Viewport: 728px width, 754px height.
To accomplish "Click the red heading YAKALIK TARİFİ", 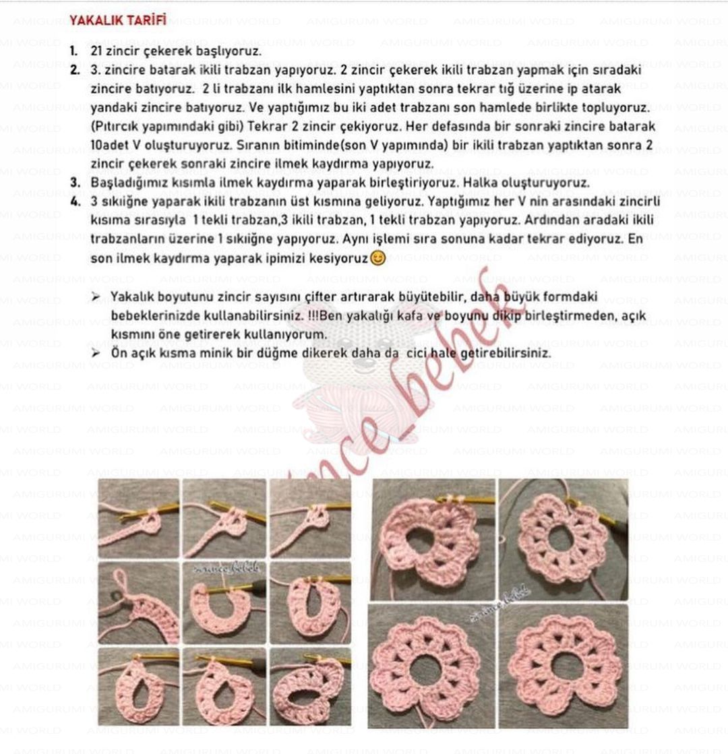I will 117,20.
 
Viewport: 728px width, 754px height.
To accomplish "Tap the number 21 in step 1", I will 96,51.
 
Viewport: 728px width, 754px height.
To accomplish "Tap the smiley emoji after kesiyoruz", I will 378,257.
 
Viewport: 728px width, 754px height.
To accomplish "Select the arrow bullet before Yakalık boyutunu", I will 96,296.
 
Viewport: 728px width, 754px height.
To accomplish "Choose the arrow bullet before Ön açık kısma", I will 96,352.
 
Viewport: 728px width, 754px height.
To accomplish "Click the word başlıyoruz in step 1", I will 229,51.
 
